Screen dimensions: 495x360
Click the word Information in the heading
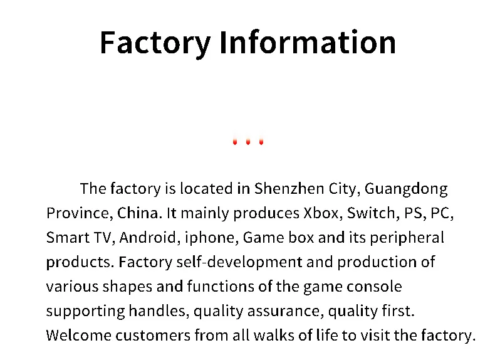pos(308,43)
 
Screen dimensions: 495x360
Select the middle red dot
pos(248,142)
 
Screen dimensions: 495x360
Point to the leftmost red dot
pos(235,142)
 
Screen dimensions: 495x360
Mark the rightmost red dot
pos(261,142)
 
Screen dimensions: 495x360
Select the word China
pos(140,213)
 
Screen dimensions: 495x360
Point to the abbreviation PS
pos(414,213)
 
